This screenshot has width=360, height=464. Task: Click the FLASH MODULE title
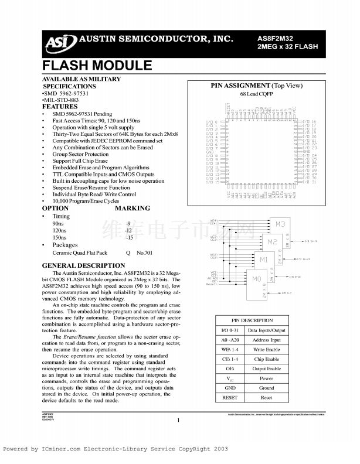click(97, 65)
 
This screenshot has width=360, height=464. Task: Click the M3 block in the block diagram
click(280, 224)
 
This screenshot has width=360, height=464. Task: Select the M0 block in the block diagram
click(256, 280)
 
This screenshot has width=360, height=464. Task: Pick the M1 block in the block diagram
click(264, 260)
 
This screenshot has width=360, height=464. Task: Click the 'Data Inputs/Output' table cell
click(266, 330)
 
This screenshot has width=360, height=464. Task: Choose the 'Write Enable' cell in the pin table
click(266, 350)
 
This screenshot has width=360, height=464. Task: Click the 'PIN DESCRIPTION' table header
click(252, 320)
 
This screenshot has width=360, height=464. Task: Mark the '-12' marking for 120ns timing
click(128, 231)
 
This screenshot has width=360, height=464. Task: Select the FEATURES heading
click(60, 107)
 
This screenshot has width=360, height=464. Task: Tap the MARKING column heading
click(132, 208)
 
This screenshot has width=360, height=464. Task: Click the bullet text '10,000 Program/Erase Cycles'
click(85, 201)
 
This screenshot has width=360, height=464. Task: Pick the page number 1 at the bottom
click(178, 420)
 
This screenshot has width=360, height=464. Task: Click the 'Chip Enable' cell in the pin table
click(266, 359)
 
